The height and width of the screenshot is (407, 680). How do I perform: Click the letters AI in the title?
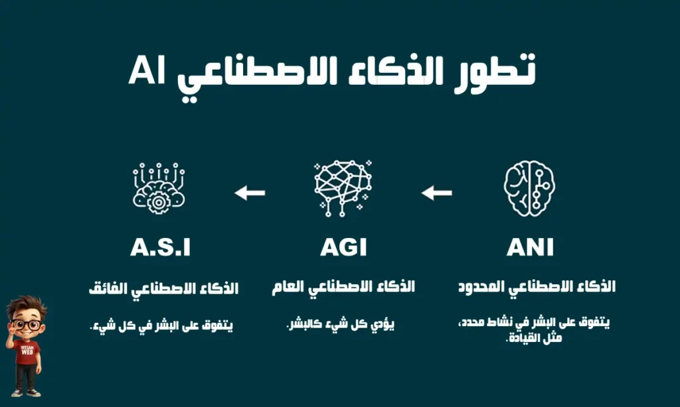[x=147, y=70]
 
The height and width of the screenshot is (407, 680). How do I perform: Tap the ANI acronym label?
[x=530, y=247]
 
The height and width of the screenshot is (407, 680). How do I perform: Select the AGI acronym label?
[x=343, y=247]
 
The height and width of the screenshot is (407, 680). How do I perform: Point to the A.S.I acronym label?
[x=161, y=247]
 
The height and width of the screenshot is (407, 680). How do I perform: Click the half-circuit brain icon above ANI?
[x=529, y=188]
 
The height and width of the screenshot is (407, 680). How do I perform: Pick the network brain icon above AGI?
[x=343, y=188]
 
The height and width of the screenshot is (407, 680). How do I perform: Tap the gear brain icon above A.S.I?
[x=159, y=188]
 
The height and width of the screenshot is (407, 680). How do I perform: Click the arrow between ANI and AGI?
[x=437, y=193]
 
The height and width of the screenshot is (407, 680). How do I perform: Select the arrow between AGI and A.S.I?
[x=250, y=193]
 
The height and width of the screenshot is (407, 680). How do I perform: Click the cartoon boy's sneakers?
[x=26, y=392]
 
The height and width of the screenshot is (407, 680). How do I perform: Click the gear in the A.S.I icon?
[x=159, y=202]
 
